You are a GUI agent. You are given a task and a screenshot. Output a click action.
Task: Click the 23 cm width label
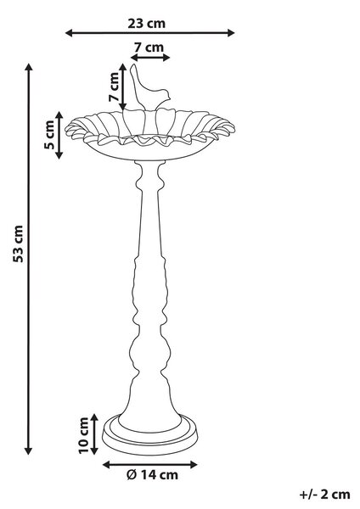point(147,24)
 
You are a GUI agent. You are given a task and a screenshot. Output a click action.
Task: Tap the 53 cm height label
point(18,243)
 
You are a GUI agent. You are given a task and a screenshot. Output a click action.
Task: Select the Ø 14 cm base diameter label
point(152,475)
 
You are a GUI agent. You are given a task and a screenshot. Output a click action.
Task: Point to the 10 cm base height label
point(83,436)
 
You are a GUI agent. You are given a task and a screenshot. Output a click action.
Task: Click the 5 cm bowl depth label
point(49,135)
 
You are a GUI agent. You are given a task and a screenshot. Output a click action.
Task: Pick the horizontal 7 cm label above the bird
point(149,48)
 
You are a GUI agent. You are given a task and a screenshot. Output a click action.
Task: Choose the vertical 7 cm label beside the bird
point(114,87)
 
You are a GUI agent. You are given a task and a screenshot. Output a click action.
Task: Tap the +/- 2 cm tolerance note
point(324,495)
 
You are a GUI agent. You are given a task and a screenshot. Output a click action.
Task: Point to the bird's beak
point(170,96)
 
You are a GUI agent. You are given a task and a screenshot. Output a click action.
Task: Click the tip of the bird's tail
point(132,65)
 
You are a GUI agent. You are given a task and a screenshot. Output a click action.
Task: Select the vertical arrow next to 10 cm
point(94,434)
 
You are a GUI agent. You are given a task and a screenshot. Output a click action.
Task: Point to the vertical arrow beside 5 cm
point(59,135)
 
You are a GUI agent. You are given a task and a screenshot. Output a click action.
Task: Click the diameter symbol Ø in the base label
point(131,475)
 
